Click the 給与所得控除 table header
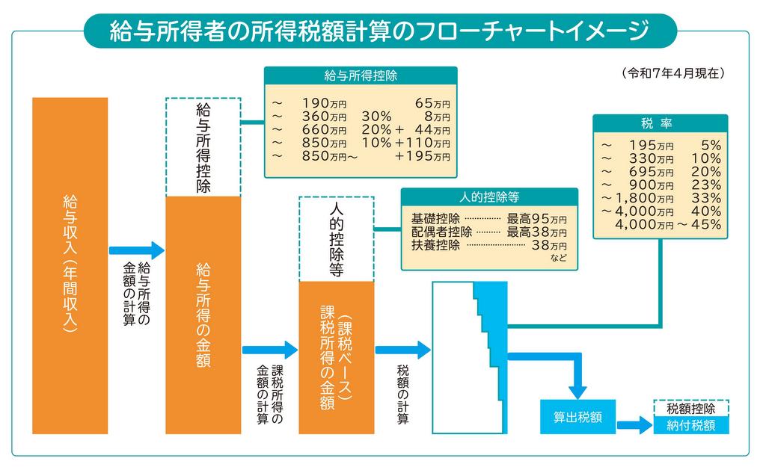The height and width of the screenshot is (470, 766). (x=361, y=75)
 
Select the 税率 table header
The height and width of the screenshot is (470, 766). (x=660, y=123)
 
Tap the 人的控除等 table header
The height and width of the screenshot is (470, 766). (x=489, y=197)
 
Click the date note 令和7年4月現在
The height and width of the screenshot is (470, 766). (x=673, y=73)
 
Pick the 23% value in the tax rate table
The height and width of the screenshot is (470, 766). (x=706, y=185)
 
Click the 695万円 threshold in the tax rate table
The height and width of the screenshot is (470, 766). (x=651, y=172)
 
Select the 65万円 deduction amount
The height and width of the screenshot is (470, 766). (x=432, y=103)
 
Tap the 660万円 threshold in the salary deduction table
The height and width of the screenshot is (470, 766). (x=324, y=130)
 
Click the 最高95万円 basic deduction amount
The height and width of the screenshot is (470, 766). (x=536, y=219)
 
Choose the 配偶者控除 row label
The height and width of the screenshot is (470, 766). (x=441, y=232)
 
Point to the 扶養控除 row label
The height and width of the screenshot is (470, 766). (x=436, y=245)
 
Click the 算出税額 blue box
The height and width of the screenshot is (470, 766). (x=577, y=417)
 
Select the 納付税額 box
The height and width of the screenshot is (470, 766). (x=690, y=425)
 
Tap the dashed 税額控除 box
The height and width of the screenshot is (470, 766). (x=690, y=409)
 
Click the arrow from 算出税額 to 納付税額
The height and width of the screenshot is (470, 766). (x=634, y=425)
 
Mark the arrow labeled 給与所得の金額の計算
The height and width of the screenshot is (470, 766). (x=137, y=250)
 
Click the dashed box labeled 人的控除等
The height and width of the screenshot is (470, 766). (x=336, y=239)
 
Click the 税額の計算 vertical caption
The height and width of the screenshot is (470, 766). (x=402, y=395)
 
